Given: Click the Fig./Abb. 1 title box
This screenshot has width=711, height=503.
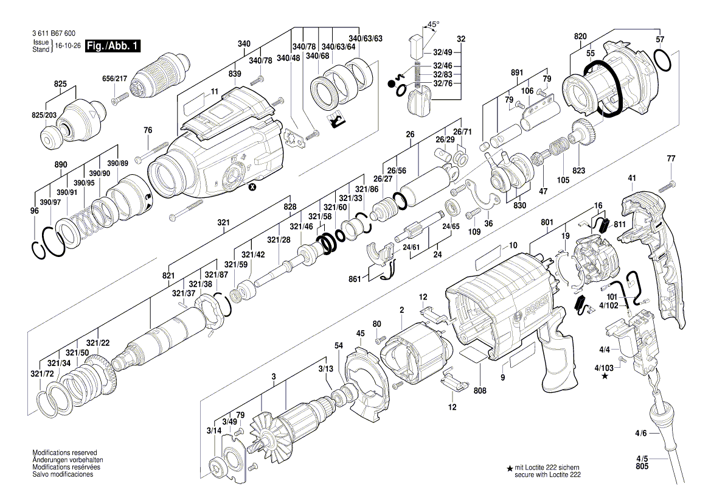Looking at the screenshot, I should tap(114, 46).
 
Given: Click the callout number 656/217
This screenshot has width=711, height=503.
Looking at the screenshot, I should tap(115, 78).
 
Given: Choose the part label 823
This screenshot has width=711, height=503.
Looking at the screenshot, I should tap(578, 171).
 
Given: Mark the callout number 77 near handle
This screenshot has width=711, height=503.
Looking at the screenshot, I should tap(671, 159).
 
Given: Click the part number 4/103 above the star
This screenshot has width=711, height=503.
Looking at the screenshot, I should tap(604, 368).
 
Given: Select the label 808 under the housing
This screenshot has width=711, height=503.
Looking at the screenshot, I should tap(480, 390).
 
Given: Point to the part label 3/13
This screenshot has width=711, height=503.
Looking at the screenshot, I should tap(325, 368).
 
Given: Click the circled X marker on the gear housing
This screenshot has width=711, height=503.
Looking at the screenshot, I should tap(252, 188).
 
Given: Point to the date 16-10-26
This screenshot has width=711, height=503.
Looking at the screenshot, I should tap(68, 46).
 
